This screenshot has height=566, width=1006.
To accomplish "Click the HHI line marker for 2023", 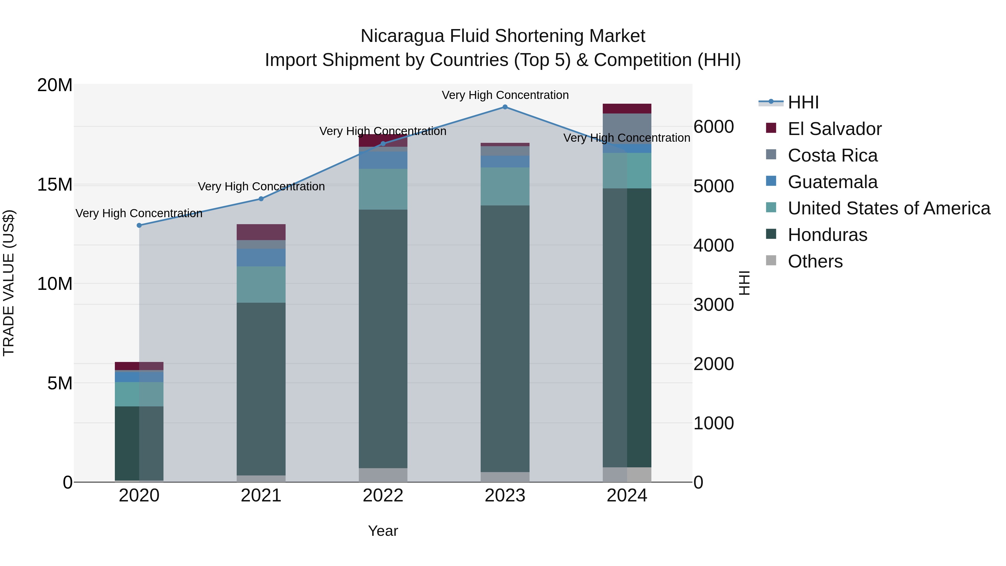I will coord(505,107).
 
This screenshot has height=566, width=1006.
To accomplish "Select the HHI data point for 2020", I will coord(139,225).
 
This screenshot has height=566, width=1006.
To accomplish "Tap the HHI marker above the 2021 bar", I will coord(261,199).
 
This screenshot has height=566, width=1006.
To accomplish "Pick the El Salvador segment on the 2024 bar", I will coord(627,109).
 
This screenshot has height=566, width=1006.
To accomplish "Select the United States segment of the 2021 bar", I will coord(261,284).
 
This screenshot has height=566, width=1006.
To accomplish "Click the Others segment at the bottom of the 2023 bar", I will coord(505,477).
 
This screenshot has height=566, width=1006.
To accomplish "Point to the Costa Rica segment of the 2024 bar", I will coord(627,129).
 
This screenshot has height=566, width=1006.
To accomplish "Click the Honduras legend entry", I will coord(827,235).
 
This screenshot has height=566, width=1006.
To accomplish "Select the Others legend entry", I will coord(815,261).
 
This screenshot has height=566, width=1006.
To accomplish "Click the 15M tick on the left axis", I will coord(55,184).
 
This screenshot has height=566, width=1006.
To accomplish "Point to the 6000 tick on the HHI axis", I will coord(713,127).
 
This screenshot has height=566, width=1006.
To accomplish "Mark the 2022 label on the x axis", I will coord(383,496).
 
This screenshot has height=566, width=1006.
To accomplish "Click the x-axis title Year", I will coord(383,531).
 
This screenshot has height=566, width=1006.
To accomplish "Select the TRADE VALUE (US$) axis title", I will coord(9,283).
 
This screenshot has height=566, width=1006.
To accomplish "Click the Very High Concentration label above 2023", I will coord(505,95).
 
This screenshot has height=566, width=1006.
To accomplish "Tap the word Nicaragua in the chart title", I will coord(402,36).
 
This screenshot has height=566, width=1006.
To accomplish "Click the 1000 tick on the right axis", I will coord(713,423).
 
